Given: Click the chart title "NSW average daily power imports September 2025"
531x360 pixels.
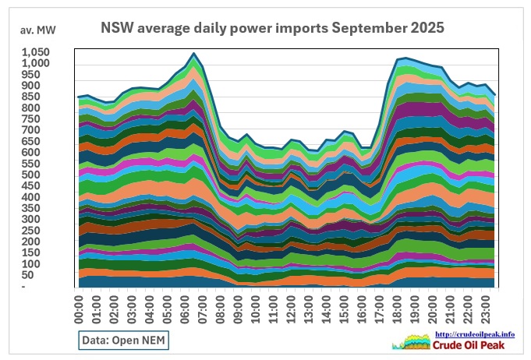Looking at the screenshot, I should coord(273,28).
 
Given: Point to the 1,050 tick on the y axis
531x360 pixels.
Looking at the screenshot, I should coord(35,52).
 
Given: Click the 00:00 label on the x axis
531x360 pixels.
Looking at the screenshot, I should coord(79,307).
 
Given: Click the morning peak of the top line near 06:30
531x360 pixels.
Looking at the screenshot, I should coord(193,53).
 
